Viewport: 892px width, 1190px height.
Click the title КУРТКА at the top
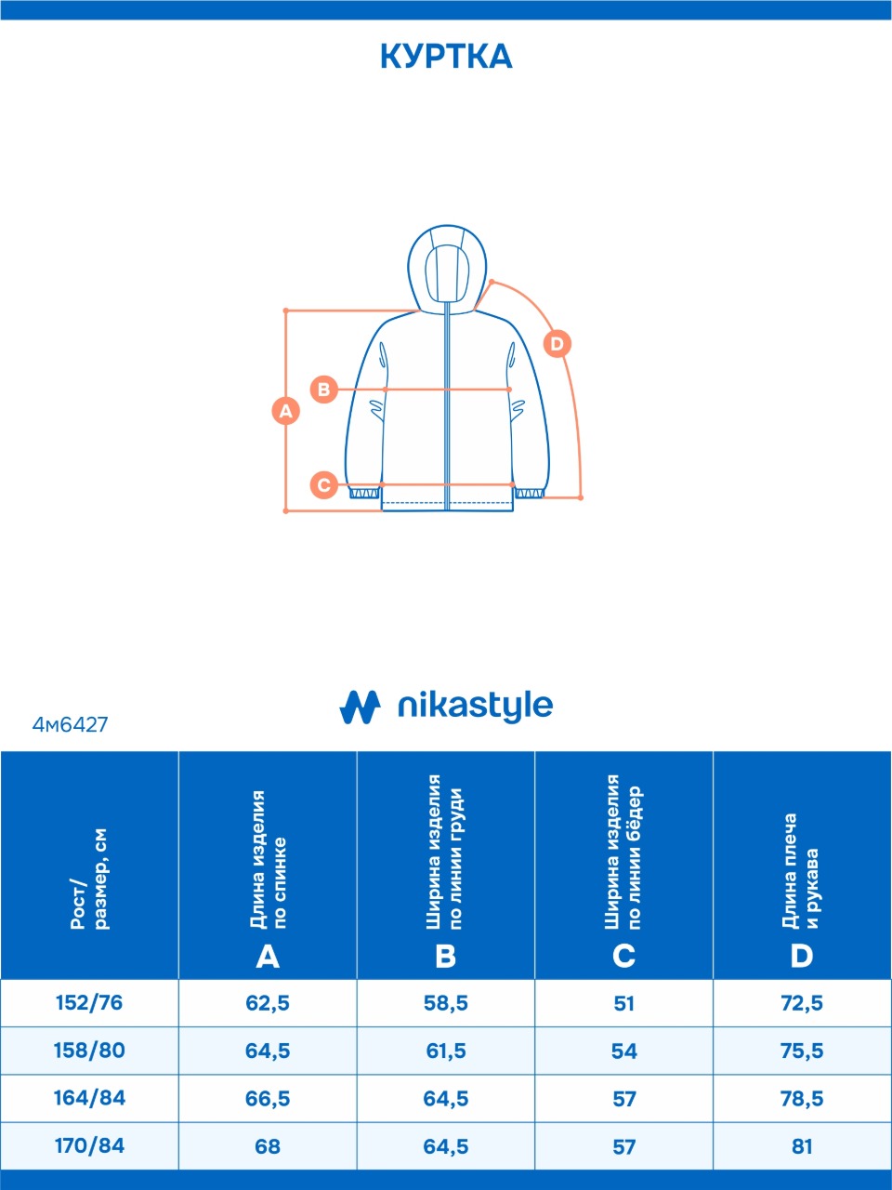point(446,57)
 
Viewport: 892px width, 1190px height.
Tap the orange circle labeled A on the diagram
point(286,411)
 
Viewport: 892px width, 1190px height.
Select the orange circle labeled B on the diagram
point(324,390)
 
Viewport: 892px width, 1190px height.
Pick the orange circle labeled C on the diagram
point(324,484)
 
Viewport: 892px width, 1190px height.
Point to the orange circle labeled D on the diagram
point(557,344)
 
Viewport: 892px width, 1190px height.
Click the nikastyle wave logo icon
point(360,707)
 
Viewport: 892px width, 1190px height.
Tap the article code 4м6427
point(70,725)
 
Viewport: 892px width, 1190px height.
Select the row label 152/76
point(89,1002)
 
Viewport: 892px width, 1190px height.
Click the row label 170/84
point(89,1145)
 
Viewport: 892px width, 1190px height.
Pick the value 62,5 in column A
point(268,1003)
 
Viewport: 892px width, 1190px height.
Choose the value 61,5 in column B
point(446,1051)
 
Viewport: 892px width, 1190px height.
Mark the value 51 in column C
point(623,1003)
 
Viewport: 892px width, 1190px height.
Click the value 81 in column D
point(802,1146)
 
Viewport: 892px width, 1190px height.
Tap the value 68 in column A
point(268,1146)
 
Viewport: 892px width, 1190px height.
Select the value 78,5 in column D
point(802,1098)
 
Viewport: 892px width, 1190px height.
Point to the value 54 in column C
point(623,1051)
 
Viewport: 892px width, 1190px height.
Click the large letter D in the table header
point(802,957)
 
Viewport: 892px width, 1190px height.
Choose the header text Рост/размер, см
point(89,879)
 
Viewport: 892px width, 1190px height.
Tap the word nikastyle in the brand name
point(475,707)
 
